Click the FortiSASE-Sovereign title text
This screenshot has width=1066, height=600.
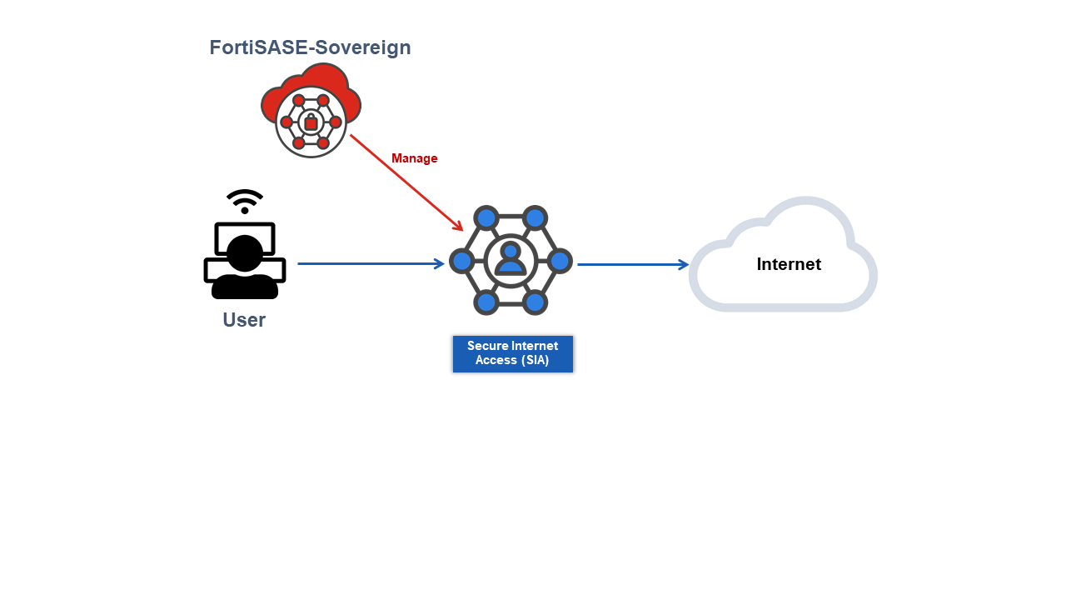pyautogui.click(x=310, y=47)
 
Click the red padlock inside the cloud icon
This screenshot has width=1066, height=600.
pyautogui.click(x=311, y=122)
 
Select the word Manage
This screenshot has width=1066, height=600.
pyautogui.click(x=414, y=158)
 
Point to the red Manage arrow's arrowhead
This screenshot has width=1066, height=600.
pyautogui.click(x=459, y=227)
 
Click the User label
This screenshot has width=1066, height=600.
pyautogui.click(x=244, y=320)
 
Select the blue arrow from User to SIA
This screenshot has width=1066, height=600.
pyautogui.click(x=371, y=264)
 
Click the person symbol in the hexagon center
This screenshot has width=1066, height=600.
pyautogui.click(x=511, y=259)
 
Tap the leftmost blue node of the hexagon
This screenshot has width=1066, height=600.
pyautogui.click(x=462, y=261)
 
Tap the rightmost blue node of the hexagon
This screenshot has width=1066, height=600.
pyautogui.click(x=560, y=261)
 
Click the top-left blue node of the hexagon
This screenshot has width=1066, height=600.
pyautogui.click(x=486, y=219)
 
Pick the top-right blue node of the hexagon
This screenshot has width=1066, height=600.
pyautogui.click(x=535, y=219)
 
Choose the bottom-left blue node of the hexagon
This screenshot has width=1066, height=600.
pyautogui.click(x=486, y=302)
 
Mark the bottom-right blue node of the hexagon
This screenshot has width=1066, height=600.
pyautogui.click(x=535, y=302)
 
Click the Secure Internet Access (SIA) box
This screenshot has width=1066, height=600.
pyautogui.click(x=512, y=353)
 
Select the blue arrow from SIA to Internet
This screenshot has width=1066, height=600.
pyautogui.click(x=633, y=265)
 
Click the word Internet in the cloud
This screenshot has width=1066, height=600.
pyautogui.click(x=789, y=264)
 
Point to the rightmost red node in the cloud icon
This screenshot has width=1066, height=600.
pyautogui.click(x=336, y=122)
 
